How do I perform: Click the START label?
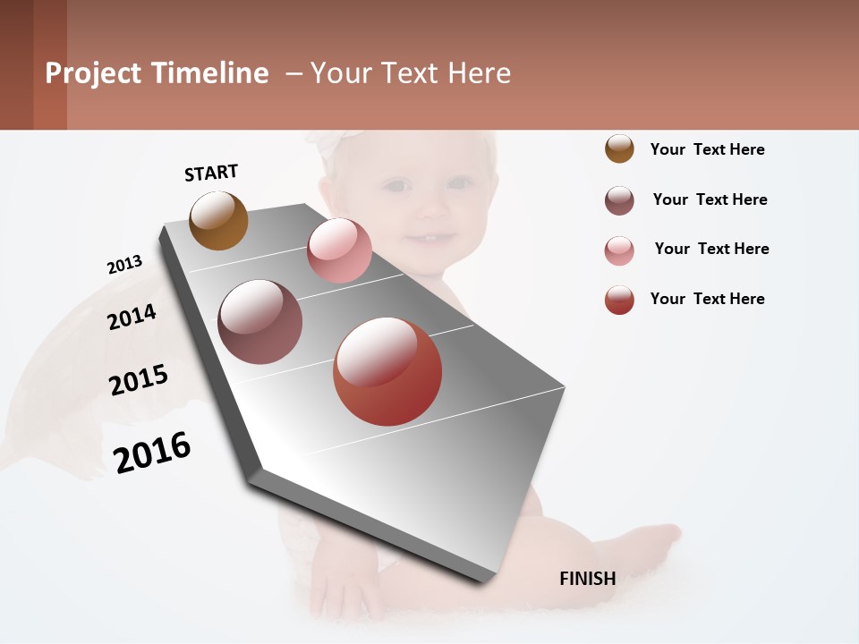tap(211, 173)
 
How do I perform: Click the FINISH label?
tap(587, 579)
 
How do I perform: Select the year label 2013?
tap(124, 265)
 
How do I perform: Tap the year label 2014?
tap(132, 317)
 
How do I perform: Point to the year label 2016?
tap(152, 453)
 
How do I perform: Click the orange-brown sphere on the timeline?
tap(218, 221)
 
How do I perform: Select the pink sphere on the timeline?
tap(339, 250)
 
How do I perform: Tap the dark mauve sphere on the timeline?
tap(259, 322)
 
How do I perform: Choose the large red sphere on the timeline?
tap(387, 371)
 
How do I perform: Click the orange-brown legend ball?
tap(619, 149)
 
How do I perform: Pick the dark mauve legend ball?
tap(619, 200)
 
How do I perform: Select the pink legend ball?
tap(619, 250)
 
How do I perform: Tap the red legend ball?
tap(619, 300)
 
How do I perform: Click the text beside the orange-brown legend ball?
tap(707, 149)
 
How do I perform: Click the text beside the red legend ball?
tap(707, 299)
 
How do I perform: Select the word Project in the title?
tap(94, 73)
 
